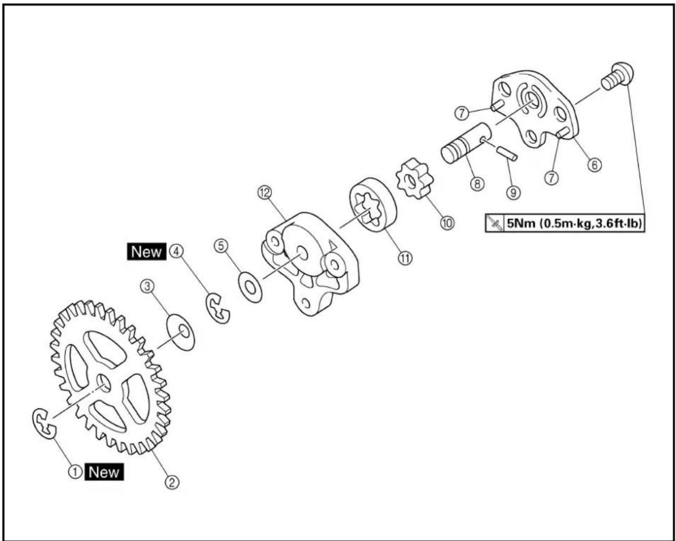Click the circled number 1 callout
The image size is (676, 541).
[75, 472]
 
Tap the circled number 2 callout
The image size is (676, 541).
[172, 482]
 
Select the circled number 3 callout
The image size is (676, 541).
[147, 286]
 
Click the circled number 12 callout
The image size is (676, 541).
[264, 192]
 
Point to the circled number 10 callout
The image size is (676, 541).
[447, 223]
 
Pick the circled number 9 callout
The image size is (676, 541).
[513, 192]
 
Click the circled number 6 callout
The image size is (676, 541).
[594, 165]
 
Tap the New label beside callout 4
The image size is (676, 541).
[147, 252]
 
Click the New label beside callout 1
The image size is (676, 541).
[104, 472]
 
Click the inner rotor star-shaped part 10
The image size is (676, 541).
[414, 179]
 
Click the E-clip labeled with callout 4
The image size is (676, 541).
[218, 308]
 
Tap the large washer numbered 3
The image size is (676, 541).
[181, 332]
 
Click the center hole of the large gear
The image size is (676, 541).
[103, 383]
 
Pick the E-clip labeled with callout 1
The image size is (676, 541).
[44, 423]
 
